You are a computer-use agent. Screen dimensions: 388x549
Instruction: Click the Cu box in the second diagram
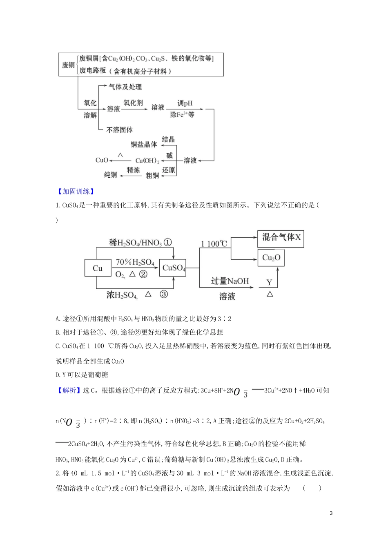tap(98, 268)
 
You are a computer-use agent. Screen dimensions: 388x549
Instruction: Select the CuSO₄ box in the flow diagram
tap(174, 268)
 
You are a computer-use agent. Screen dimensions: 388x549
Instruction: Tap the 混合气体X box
tap(281, 238)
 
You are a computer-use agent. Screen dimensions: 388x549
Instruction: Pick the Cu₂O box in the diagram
tap(271, 258)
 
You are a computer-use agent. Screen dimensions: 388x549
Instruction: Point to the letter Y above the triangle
tap(270, 282)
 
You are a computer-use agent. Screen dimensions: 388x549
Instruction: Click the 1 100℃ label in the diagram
tap(214, 244)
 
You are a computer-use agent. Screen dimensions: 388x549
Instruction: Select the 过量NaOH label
tap(230, 281)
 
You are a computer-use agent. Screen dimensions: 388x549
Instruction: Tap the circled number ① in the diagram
tap(167, 242)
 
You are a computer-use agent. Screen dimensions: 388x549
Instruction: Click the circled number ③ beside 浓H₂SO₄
tap(163, 294)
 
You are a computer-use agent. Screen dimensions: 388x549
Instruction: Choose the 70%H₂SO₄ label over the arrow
tap(135, 262)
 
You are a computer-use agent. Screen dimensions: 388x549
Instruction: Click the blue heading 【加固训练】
tap(75, 191)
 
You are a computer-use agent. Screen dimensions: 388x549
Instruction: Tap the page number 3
tap(331, 513)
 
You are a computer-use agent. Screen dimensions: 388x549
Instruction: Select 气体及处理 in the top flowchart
tap(125, 87)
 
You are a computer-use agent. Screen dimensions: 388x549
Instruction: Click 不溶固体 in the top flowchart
tap(119, 129)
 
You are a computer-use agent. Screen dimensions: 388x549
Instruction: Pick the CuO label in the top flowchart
tap(102, 160)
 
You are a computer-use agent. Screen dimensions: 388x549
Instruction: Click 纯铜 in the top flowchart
tap(110, 175)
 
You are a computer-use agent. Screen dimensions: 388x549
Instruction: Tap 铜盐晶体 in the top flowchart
tap(144, 144)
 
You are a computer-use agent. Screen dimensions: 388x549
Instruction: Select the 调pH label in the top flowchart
tap(185, 103)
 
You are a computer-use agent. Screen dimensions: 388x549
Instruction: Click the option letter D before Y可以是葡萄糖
tap(58, 375)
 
